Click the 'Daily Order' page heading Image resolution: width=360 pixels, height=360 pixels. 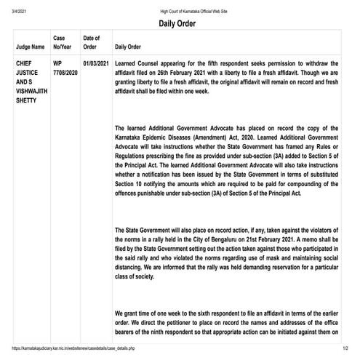(180, 23)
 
